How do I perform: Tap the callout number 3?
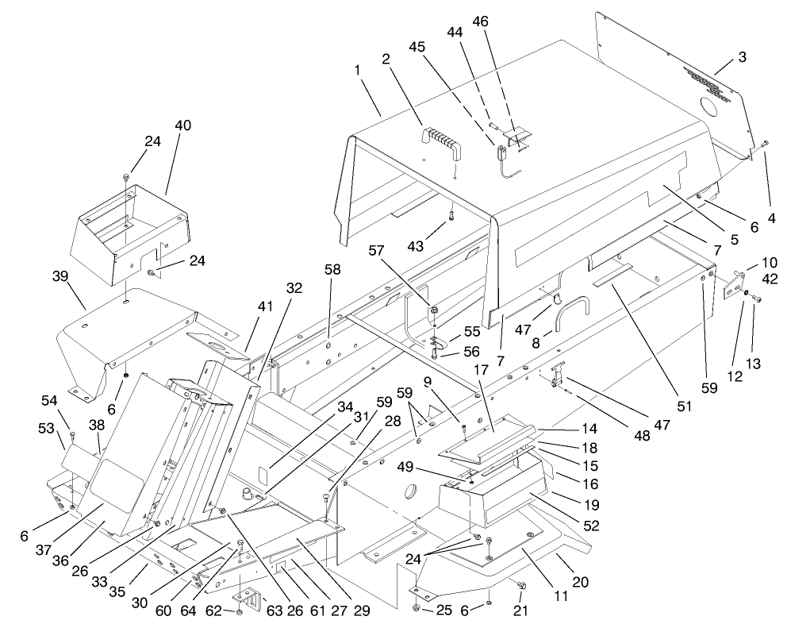click(741, 59)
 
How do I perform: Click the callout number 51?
click(683, 406)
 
